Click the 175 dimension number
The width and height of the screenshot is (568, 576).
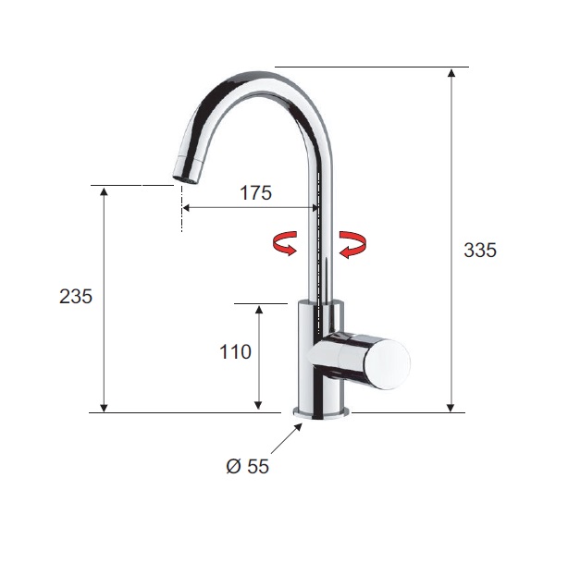click(255, 193)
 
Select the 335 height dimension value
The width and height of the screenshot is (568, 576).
click(480, 251)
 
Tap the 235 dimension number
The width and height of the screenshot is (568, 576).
click(76, 296)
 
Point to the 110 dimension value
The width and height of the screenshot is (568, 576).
click(235, 351)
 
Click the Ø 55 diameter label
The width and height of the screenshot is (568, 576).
click(247, 466)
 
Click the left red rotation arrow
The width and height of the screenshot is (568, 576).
click(285, 243)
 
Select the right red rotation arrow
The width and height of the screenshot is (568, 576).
click(352, 244)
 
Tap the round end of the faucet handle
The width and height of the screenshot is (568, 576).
click(387, 363)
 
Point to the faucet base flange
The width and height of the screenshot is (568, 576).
click(321, 413)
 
